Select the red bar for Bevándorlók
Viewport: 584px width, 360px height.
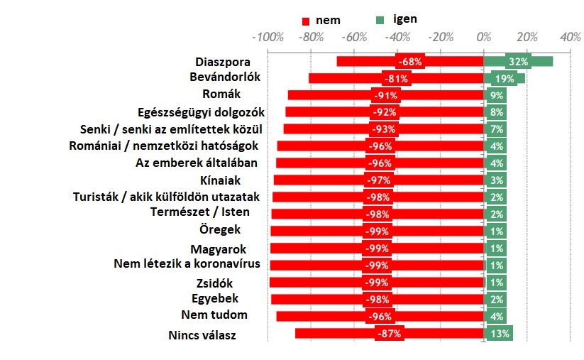pyautogui.click(x=341, y=78)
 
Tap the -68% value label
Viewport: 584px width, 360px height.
pyautogui.click(x=410, y=62)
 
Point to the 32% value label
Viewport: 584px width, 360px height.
pyautogui.click(x=519, y=62)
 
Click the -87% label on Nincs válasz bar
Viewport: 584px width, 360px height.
pyautogui.click(x=390, y=334)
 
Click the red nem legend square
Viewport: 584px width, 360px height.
pyautogui.click(x=306, y=21)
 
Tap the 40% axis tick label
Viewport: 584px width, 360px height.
pyautogui.click(x=570, y=38)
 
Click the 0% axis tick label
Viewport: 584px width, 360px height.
pyautogui.click(x=484, y=38)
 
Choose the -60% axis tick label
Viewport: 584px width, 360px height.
pyautogui.click(x=354, y=38)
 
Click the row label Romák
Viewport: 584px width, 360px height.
pyautogui.click(x=221, y=94)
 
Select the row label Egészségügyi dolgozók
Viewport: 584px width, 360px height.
pyautogui.click(x=201, y=111)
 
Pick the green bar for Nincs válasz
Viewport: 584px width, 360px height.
pyautogui.click(x=498, y=334)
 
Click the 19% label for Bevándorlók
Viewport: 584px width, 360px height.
pyautogui.click(x=505, y=79)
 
